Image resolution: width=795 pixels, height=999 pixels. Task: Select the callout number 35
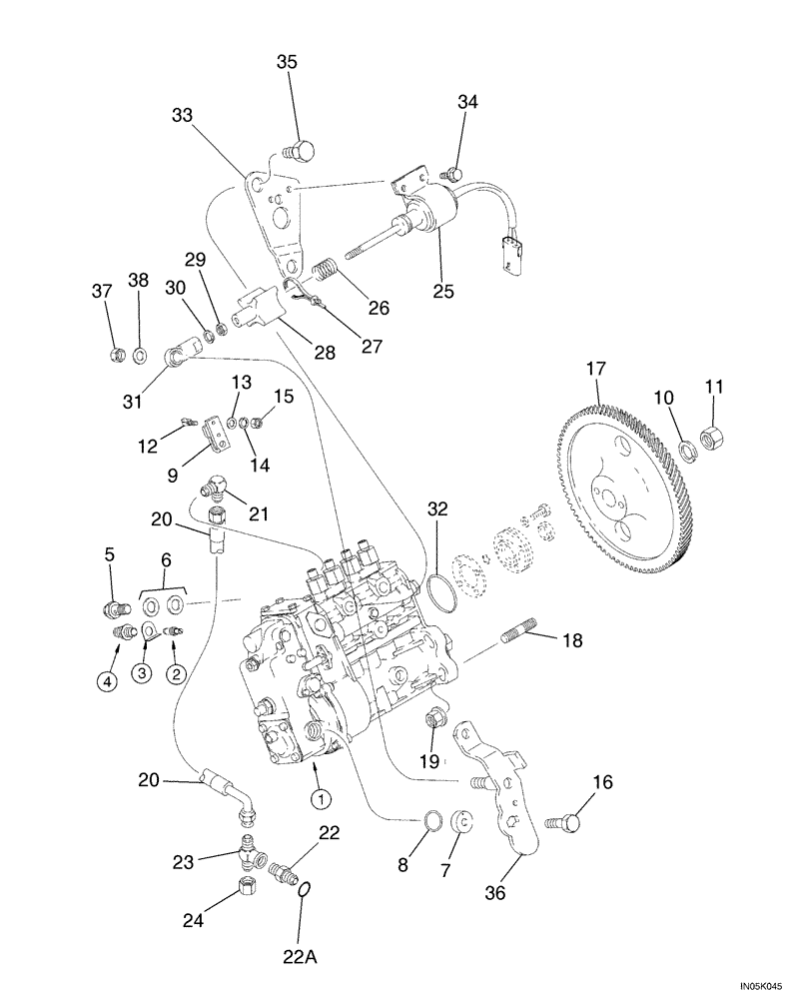coord(288,62)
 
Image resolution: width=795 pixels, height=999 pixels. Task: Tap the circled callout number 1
coord(321,798)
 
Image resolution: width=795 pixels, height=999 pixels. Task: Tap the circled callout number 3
coord(143,674)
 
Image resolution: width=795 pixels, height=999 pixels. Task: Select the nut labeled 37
coord(116,354)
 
